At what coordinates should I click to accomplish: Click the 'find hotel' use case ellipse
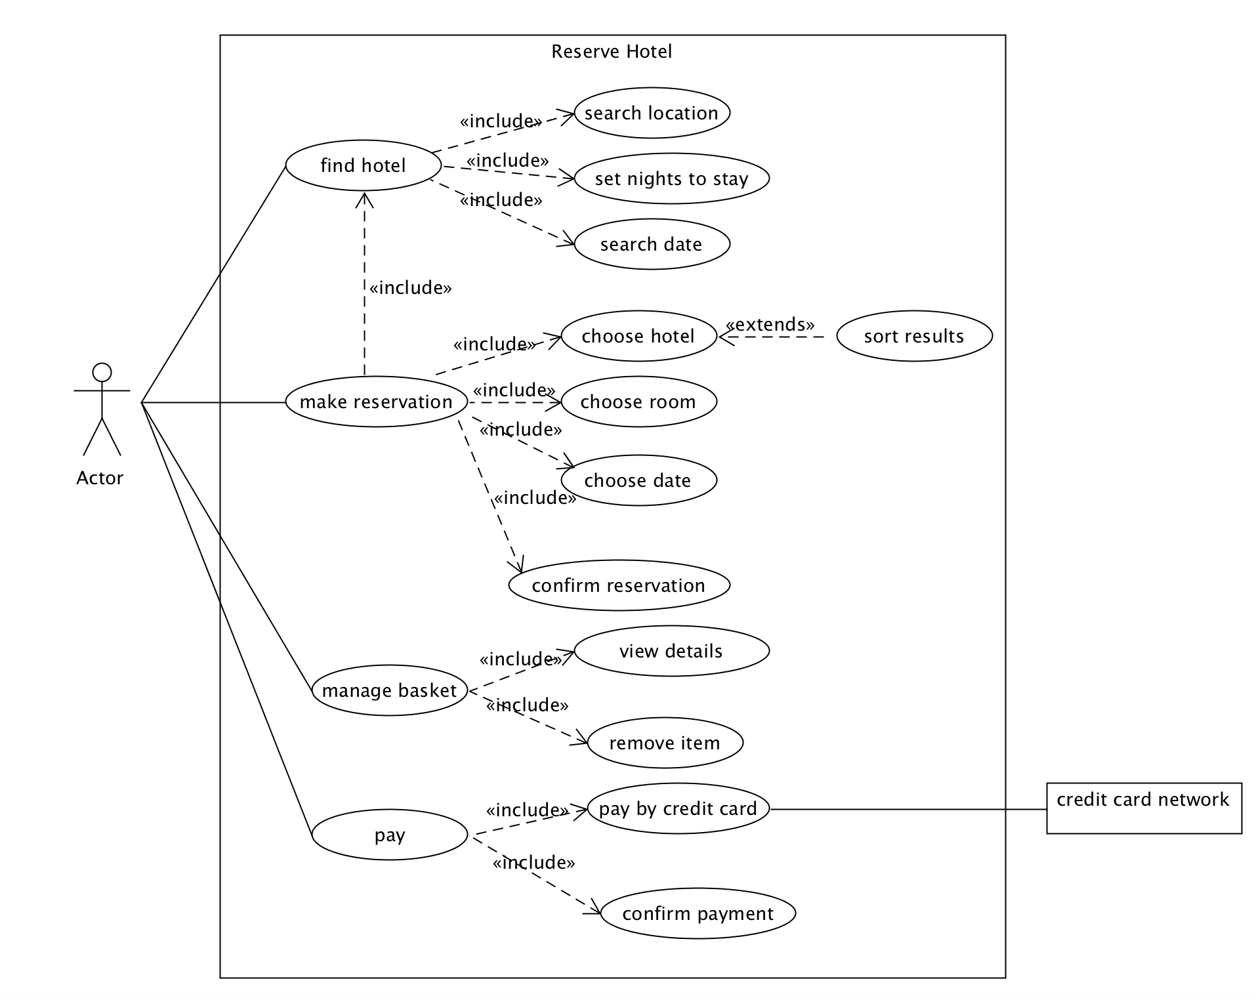pyautogui.click(x=363, y=165)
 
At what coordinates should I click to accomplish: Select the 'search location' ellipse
pyautogui.click(x=652, y=113)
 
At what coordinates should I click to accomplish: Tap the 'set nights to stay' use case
pyautogui.click(x=671, y=178)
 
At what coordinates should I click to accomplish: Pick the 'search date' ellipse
pyautogui.click(x=652, y=244)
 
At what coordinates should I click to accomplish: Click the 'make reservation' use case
pyautogui.click(x=376, y=402)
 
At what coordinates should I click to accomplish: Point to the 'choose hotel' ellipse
pyautogui.click(x=638, y=336)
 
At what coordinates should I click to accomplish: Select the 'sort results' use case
pyautogui.click(x=914, y=336)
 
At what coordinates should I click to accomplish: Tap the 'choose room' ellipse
pyautogui.click(x=638, y=402)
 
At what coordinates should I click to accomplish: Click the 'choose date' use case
pyautogui.click(x=638, y=480)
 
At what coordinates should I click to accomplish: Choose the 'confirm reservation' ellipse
pyautogui.click(x=619, y=585)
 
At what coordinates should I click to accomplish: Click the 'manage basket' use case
pyautogui.click(x=389, y=690)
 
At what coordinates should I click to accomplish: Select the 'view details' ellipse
pyautogui.click(x=671, y=651)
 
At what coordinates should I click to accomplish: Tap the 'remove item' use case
pyautogui.click(x=665, y=743)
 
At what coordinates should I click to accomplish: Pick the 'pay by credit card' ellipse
pyautogui.click(x=678, y=808)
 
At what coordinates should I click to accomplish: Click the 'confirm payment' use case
pyautogui.click(x=698, y=913)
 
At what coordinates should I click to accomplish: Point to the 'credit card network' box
pyautogui.click(x=1144, y=808)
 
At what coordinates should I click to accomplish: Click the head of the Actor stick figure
pyautogui.click(x=102, y=373)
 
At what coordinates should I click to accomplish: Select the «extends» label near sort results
pyautogui.click(x=770, y=324)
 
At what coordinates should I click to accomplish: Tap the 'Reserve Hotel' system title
pyautogui.click(x=612, y=51)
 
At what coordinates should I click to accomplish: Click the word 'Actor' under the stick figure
pyautogui.click(x=100, y=478)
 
